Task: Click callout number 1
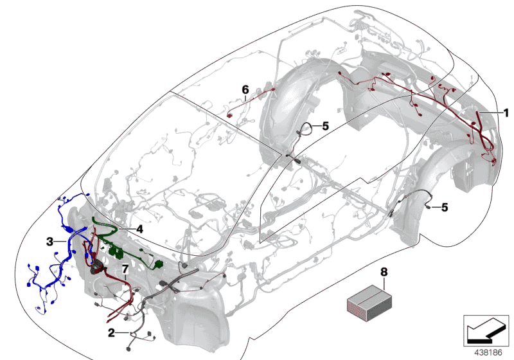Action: point(506,113)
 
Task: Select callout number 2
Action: point(111,333)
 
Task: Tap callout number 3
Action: point(49,242)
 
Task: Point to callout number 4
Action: point(139,230)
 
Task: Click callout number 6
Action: point(245,89)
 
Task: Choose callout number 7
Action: point(125,269)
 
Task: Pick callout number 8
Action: point(384,272)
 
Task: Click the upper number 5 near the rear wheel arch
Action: point(325,126)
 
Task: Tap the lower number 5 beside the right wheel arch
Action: point(445,207)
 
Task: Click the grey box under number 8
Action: point(369,303)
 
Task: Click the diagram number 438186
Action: point(488,352)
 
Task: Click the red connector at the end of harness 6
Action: point(230,115)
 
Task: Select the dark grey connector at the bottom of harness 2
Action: point(129,349)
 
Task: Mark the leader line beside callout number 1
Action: point(490,113)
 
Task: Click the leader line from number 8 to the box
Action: point(384,283)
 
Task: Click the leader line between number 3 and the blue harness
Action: point(61,242)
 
